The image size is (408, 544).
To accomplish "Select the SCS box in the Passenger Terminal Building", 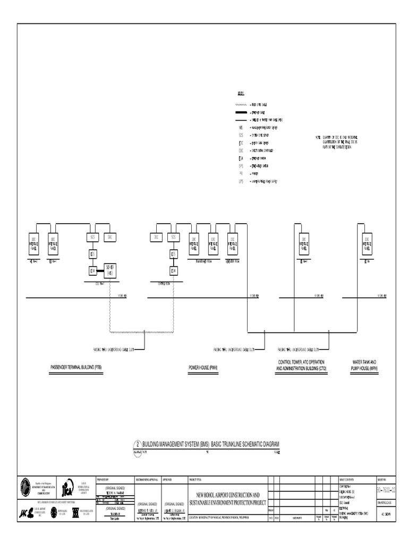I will coord(92,237).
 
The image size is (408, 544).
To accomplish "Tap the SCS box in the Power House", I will coord(173,237).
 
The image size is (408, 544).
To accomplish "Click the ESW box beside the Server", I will coord(92,270).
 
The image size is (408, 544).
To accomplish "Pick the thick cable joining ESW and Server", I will coord(100,270).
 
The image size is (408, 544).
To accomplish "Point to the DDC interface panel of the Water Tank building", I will coord(367,243).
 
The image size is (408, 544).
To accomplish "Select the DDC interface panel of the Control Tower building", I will coord(303,243).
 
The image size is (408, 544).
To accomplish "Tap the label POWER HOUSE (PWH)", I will coord(203,368).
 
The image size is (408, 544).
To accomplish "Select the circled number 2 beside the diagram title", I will coord(139,444).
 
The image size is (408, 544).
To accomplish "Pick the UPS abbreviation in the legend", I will coord(241,181).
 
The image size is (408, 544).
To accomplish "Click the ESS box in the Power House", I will coord(173,254).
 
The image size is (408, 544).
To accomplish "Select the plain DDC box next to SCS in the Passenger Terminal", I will coord(109,237).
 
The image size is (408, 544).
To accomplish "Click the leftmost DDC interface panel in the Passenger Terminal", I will coord(33,243).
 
